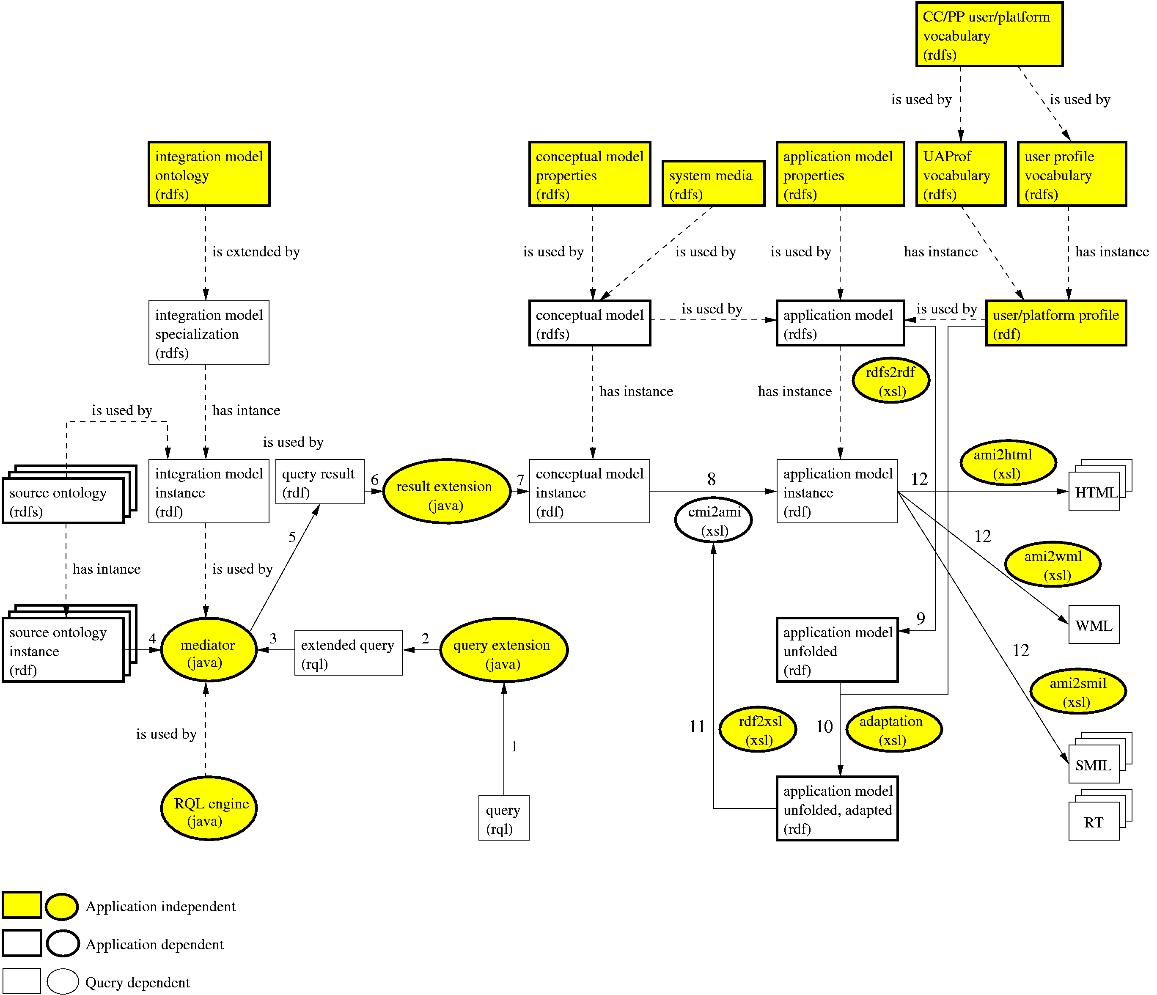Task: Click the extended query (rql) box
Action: click(x=348, y=653)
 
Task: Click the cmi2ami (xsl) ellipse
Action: click(x=713, y=520)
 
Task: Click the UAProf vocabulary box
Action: click(x=960, y=174)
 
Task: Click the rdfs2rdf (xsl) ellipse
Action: click(x=890, y=380)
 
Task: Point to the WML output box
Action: click(x=1094, y=625)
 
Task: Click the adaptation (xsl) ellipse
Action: click(x=893, y=729)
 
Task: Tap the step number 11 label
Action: click(x=697, y=726)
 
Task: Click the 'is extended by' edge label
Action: click(x=256, y=252)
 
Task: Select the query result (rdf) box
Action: click(x=319, y=482)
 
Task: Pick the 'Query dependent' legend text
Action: click(x=137, y=982)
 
